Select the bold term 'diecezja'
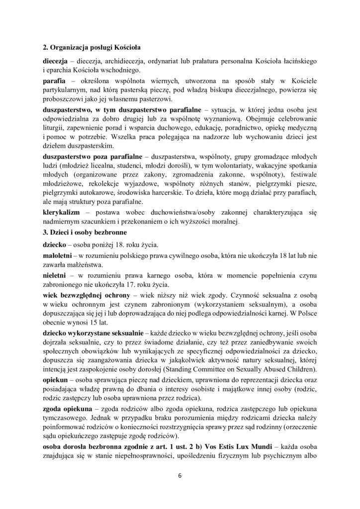(x=56, y=60)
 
